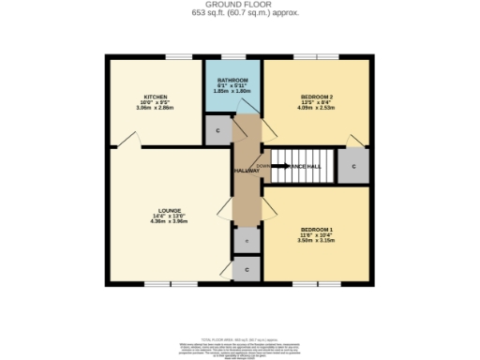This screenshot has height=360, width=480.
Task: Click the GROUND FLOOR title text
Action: [x=239, y=5]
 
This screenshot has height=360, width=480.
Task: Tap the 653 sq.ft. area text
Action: [x=239, y=13]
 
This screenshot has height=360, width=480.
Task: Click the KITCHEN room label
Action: [x=156, y=97]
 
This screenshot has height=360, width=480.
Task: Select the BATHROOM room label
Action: [x=233, y=82]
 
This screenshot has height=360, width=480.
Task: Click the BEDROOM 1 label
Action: [x=317, y=230]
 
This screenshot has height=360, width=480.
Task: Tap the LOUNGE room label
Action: [x=170, y=210]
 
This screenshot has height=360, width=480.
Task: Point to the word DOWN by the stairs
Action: [x=263, y=165]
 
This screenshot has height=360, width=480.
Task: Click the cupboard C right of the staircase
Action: [x=353, y=166]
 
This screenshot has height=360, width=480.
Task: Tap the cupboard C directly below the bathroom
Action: [x=217, y=130]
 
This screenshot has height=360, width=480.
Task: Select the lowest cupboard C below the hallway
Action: [x=247, y=269]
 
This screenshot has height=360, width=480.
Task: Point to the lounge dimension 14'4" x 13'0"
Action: [x=170, y=217]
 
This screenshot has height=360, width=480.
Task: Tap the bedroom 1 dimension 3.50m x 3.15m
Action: [x=317, y=242]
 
